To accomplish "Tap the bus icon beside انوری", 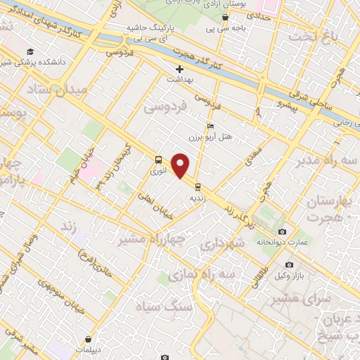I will (157, 160).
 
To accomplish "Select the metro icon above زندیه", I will (198, 187).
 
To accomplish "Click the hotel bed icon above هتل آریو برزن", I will (210, 126).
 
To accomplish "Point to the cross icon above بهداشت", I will (179, 69).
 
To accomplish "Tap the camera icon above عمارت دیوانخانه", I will (282, 232).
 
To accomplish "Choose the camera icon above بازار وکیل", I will (290, 264).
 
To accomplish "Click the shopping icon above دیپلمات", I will (88, 340).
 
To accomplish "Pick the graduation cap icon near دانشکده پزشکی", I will (30, 52).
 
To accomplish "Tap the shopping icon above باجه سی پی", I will (225, 18).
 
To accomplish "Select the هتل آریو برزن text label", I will (211, 135).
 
